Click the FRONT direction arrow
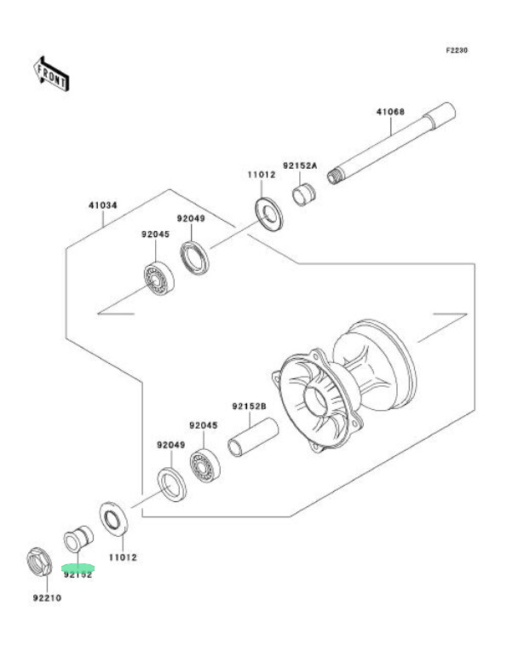51,73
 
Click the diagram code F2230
457,50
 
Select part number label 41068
390,112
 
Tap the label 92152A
300,165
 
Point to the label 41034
102,205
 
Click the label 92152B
249,406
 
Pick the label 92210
47,597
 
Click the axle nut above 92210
39,563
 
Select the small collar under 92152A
303,194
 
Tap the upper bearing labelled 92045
158,279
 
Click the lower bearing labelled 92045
204,466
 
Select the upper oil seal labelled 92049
194,257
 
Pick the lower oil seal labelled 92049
171,484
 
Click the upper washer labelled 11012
268,214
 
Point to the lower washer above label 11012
113,518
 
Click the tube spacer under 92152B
253,437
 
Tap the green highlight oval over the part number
78,568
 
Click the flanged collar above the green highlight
78,539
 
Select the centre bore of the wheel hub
317,400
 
